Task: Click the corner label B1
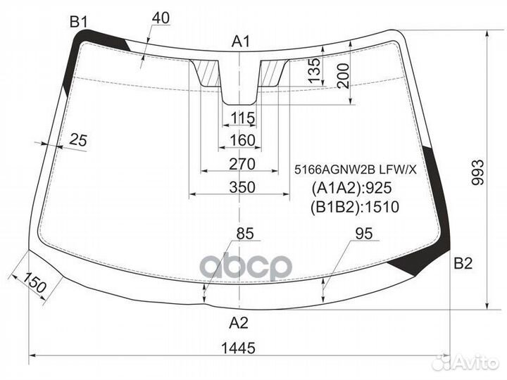tap(78, 22)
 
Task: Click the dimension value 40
tap(161, 19)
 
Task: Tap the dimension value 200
tap(342, 75)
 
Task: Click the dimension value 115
tap(242, 118)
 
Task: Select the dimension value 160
tap(242, 141)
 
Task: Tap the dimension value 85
tap(246, 234)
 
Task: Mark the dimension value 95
tap(363, 234)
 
